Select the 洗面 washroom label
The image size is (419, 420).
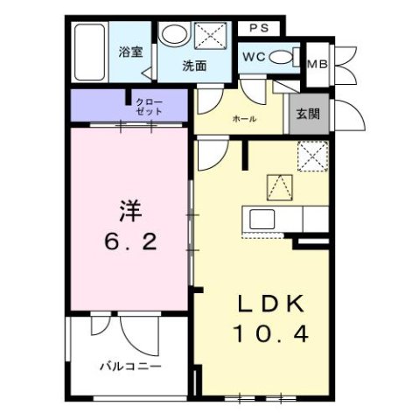pos(194,66)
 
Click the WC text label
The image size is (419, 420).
pos(252,56)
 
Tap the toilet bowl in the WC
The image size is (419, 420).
pos(283,57)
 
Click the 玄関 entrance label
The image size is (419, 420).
pos(307,113)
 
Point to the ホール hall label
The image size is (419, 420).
pos(244,118)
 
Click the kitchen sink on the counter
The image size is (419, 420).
pos(262,217)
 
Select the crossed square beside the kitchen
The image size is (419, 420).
pos(311,157)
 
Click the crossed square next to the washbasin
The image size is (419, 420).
pos(210,36)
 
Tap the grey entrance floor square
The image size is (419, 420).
pos(305,113)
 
